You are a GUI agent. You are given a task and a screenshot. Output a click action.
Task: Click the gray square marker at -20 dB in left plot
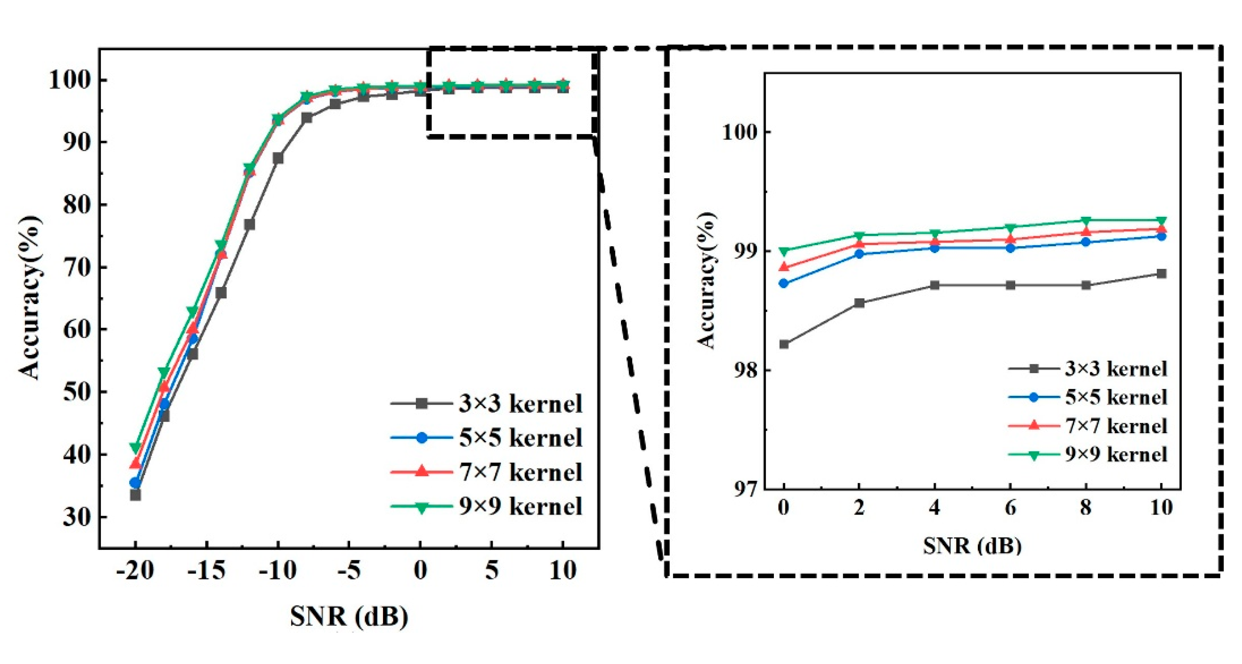[x=135, y=495]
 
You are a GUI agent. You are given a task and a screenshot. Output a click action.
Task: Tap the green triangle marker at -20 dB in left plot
[x=135, y=447]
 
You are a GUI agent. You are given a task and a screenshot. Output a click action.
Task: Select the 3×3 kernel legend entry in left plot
[x=487, y=404]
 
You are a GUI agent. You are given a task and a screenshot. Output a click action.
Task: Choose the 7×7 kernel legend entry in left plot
[x=487, y=472]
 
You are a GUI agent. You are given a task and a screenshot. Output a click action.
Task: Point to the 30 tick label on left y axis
[x=77, y=517]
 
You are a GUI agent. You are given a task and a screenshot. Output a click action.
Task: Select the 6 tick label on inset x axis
[x=1010, y=507]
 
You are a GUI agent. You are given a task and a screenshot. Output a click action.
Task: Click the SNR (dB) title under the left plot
[x=349, y=616]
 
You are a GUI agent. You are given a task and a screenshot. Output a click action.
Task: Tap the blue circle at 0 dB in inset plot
[x=784, y=283]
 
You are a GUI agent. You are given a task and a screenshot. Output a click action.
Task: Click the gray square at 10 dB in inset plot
[x=1161, y=274]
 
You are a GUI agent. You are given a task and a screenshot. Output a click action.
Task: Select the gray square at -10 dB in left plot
[x=278, y=158]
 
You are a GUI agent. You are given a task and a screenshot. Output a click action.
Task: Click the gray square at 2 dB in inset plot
[x=859, y=303]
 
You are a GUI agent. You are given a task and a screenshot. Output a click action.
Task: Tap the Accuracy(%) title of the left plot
[x=30, y=298]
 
